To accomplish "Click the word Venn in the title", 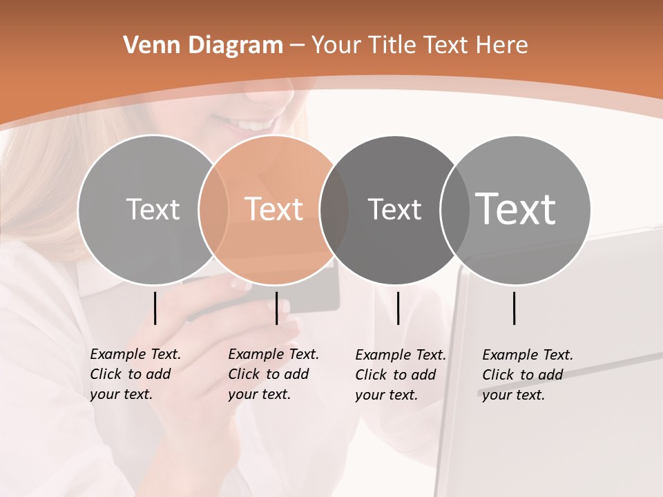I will (x=147, y=46).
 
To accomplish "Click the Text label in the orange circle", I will (x=273, y=209).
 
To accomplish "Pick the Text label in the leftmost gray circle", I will (x=153, y=209).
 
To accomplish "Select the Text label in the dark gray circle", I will (x=394, y=209).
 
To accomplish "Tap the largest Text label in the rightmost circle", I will (x=515, y=209).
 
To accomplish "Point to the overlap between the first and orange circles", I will (x=213, y=209).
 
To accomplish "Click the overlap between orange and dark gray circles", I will (x=334, y=209).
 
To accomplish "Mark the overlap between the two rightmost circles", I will (x=454, y=209).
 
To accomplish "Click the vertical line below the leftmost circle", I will (x=155, y=308).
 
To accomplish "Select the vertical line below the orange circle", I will (x=276, y=308).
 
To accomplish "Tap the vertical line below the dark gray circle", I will (x=398, y=308).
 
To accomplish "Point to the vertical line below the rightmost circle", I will (x=514, y=308).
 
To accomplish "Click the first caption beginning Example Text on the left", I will (x=135, y=374).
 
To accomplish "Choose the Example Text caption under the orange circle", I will (x=273, y=374).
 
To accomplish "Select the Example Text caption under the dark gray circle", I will (x=400, y=375).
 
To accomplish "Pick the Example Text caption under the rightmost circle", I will (x=527, y=375).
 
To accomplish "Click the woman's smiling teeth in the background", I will (x=253, y=126).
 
